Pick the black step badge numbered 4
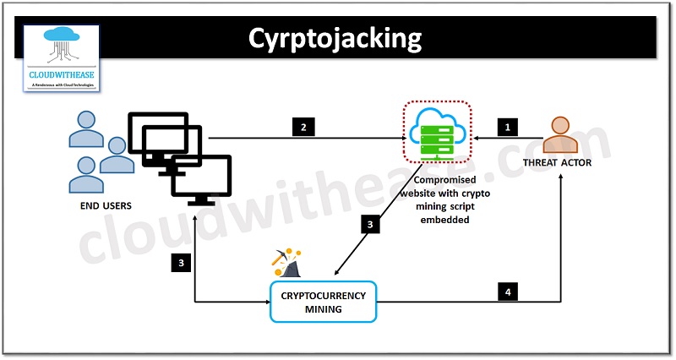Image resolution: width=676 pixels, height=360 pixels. [x=508, y=292]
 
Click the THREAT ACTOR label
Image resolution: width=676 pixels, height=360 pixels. [x=558, y=163]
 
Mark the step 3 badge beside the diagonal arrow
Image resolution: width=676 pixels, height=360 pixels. [x=369, y=224]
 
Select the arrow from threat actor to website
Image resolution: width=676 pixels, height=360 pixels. [x=507, y=138]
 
